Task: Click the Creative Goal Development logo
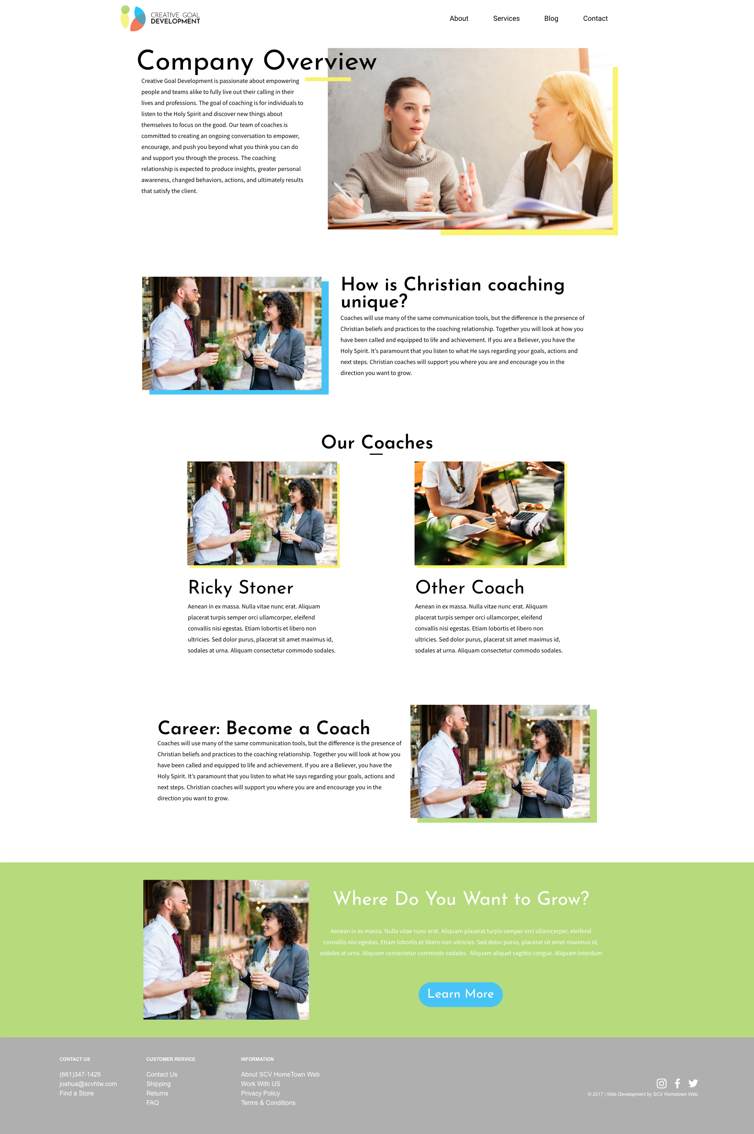160,18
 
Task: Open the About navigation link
459,19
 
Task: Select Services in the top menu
506,19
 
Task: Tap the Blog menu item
551,19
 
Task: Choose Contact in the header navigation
595,19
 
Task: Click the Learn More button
460,994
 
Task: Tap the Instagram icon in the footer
661,1083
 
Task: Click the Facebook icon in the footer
677,1083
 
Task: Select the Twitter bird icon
693,1083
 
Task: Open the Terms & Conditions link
268,1103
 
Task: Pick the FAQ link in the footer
152,1103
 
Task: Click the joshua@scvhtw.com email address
88,1084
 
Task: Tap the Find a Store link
77,1093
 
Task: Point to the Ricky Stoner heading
240,588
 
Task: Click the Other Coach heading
469,587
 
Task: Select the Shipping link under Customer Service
158,1084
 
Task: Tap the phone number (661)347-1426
80,1074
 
